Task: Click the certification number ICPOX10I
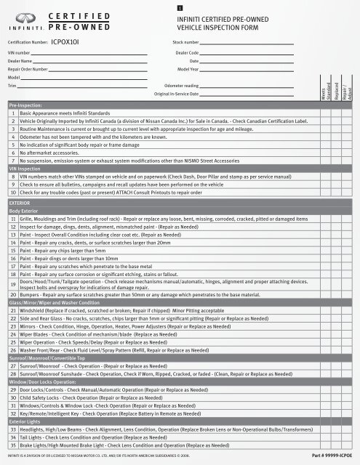tap(71, 43)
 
